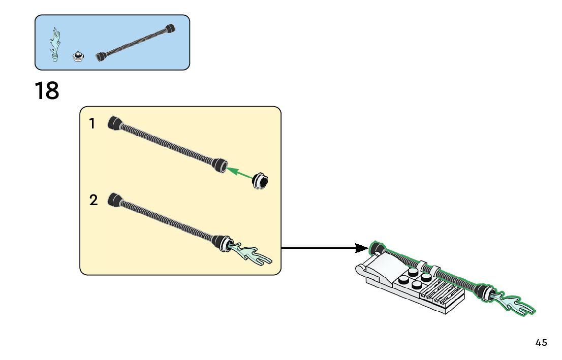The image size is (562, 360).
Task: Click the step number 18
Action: [x=47, y=90]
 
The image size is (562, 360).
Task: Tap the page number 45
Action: [x=541, y=342]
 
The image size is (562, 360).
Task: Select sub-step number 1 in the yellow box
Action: [x=92, y=123]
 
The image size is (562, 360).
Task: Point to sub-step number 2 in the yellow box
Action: [x=93, y=200]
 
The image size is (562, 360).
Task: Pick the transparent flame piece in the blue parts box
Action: [x=55, y=45]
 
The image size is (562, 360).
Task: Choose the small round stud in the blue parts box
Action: [x=78, y=56]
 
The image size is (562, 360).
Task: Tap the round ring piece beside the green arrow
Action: [x=260, y=181]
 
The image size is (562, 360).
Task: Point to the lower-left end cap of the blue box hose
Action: [x=101, y=56]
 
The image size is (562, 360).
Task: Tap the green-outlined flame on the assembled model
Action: [x=514, y=302]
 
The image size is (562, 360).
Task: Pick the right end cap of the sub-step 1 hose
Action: [x=220, y=165]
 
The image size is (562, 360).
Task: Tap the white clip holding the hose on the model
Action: [x=425, y=267]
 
